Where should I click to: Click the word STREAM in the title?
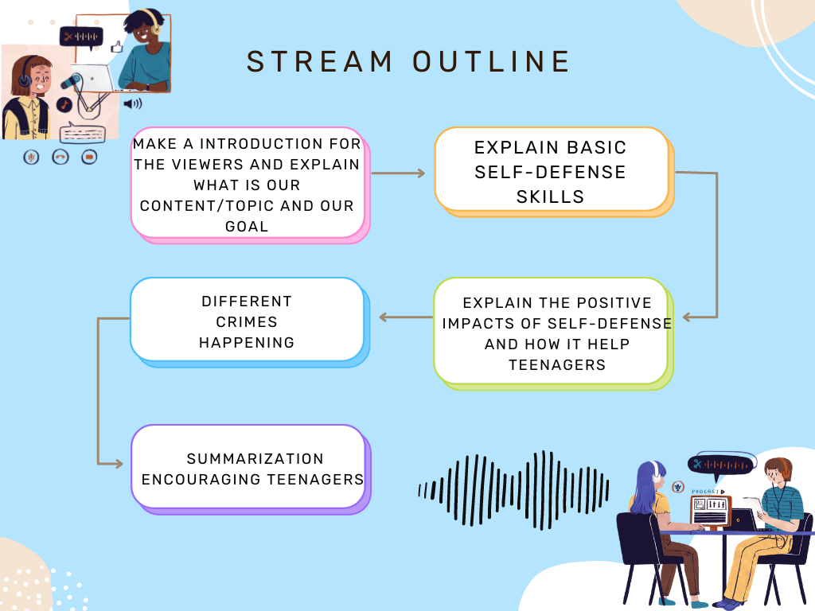[319, 61]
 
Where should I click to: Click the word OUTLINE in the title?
[492, 61]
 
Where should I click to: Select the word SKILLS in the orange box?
[551, 197]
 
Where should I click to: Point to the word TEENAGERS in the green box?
[557, 364]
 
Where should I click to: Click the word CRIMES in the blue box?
[247, 322]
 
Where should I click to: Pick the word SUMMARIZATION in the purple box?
[255, 459]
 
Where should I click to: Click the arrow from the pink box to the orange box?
[399, 173]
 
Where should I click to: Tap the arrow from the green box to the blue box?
[405, 317]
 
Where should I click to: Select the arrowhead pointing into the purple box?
[119, 464]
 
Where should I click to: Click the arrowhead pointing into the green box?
[687, 317]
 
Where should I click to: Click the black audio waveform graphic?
[513, 490]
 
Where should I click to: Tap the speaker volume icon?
[133, 103]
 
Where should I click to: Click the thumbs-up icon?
[117, 47]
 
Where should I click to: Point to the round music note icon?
[64, 105]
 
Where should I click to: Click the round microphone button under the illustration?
[31, 157]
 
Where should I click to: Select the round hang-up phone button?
[60, 157]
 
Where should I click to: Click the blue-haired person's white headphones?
[656, 471]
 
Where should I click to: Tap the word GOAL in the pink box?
[247, 227]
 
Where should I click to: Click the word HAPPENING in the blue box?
[247, 343]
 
